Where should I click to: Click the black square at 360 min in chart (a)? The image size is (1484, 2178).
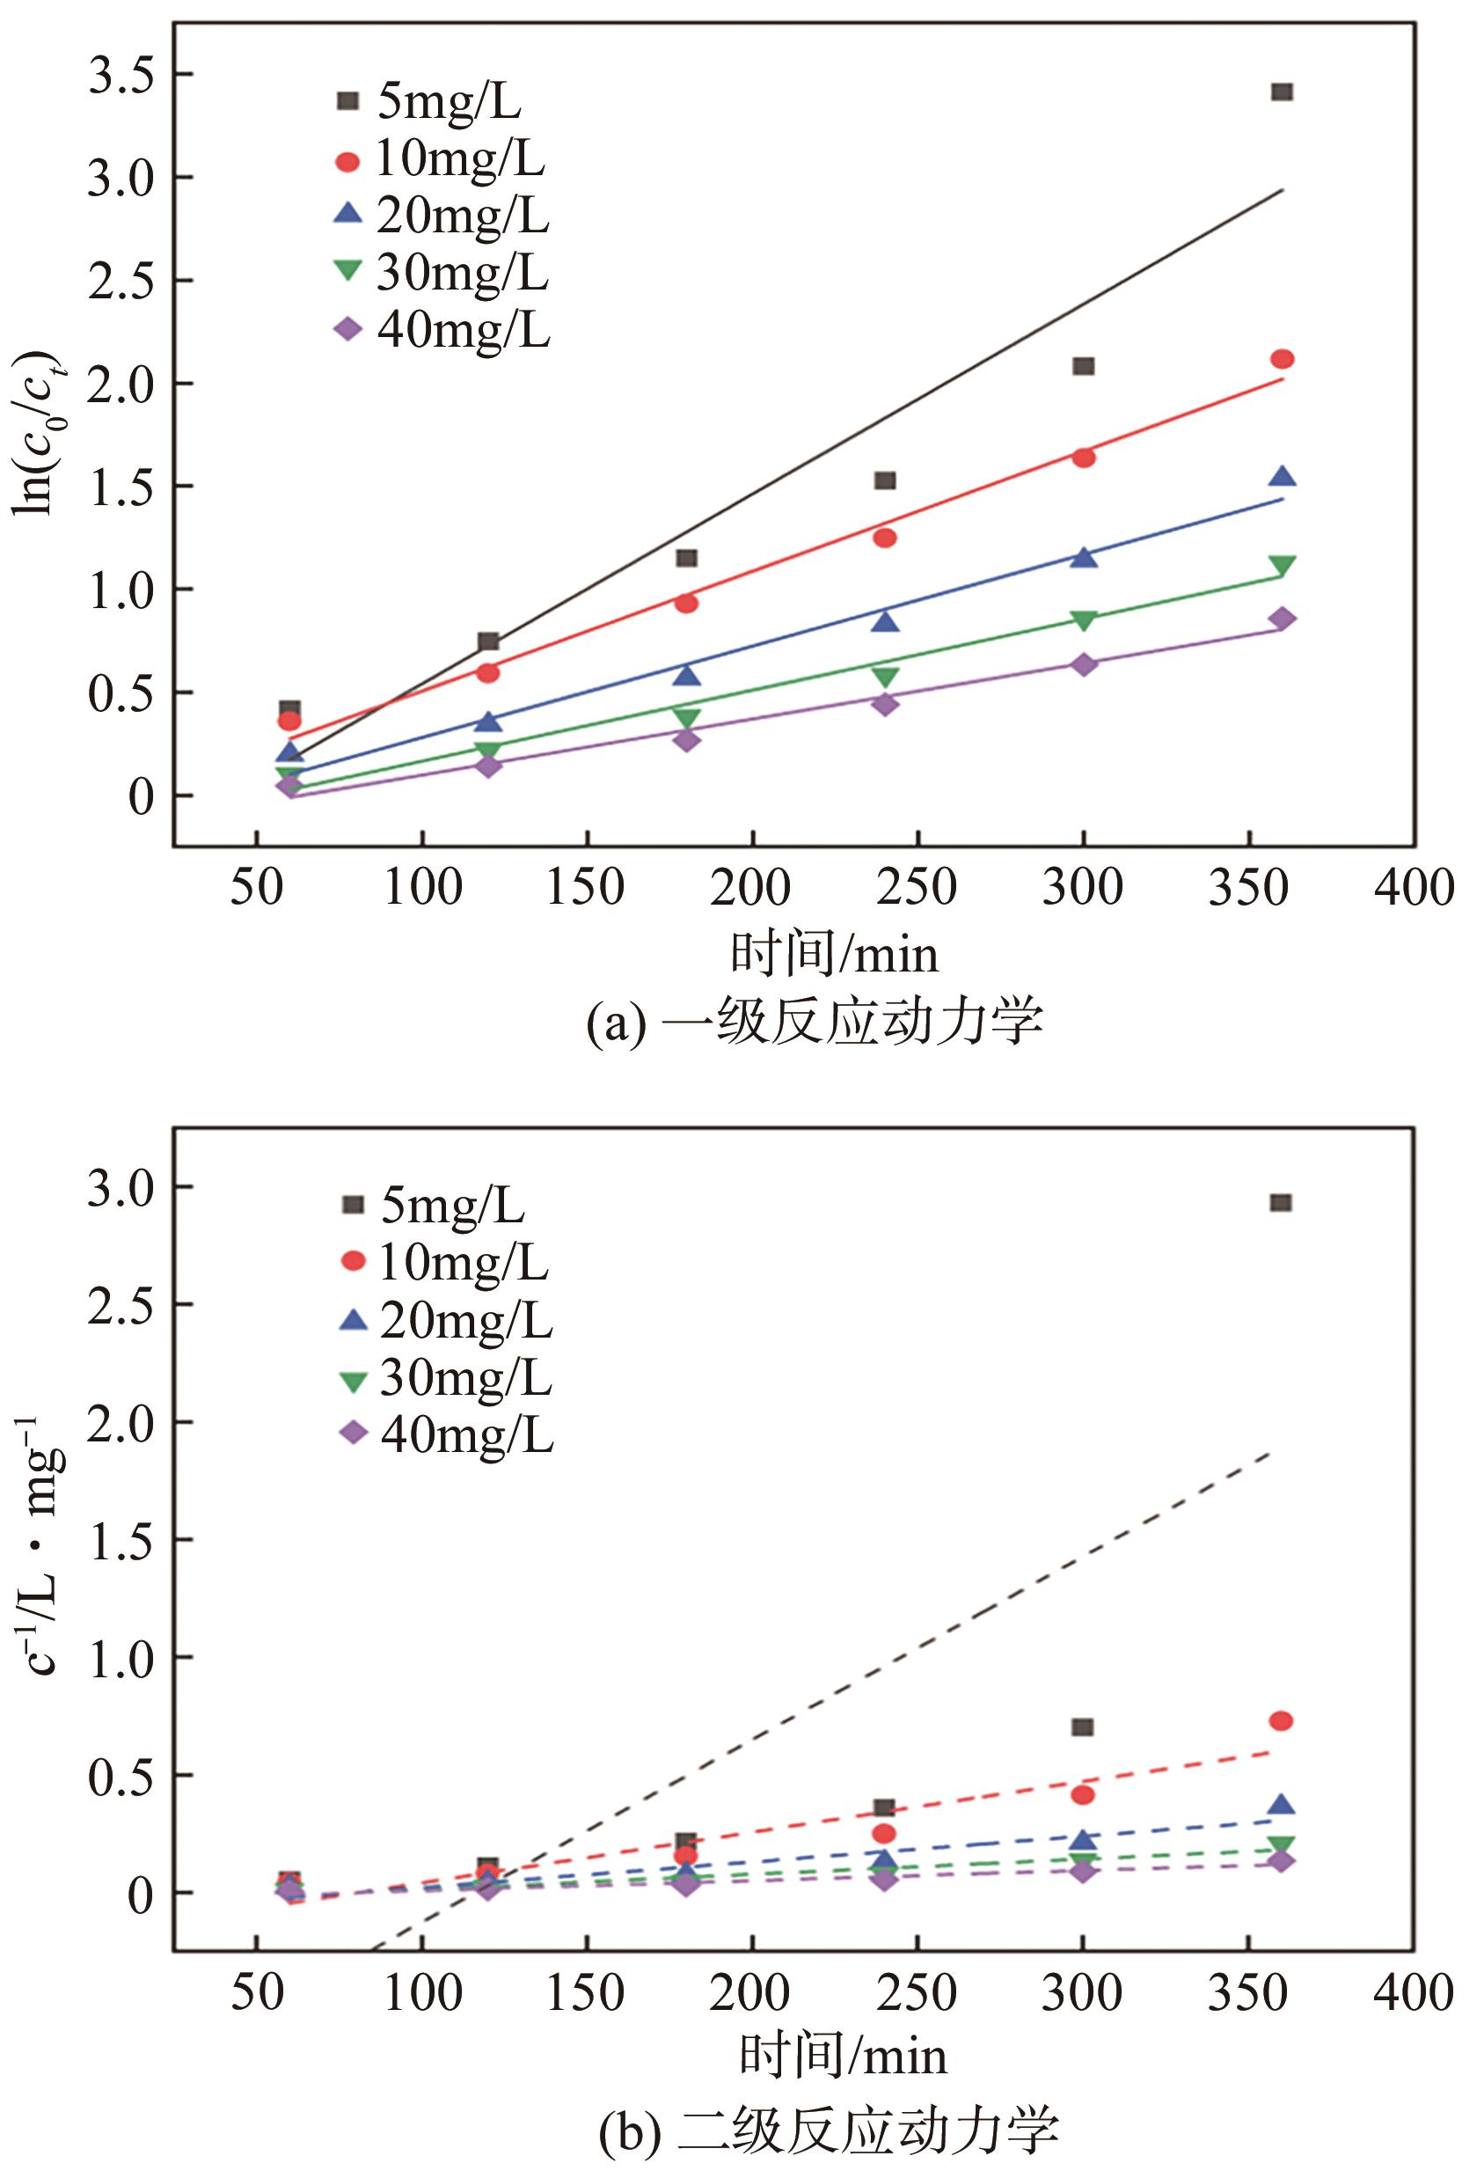[1282, 92]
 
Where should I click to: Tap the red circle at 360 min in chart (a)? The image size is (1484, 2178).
[1282, 359]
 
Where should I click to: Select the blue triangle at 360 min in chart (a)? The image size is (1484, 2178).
[1282, 477]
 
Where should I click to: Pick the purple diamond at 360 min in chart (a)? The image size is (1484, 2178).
[1282, 619]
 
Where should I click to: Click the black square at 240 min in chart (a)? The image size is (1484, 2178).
[884, 480]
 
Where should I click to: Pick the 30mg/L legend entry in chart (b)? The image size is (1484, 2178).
[446, 1378]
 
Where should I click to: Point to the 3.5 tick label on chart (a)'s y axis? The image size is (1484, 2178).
[121, 75]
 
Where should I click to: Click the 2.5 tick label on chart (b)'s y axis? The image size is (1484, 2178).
[121, 1303]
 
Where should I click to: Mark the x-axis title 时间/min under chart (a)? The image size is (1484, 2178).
[834, 955]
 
